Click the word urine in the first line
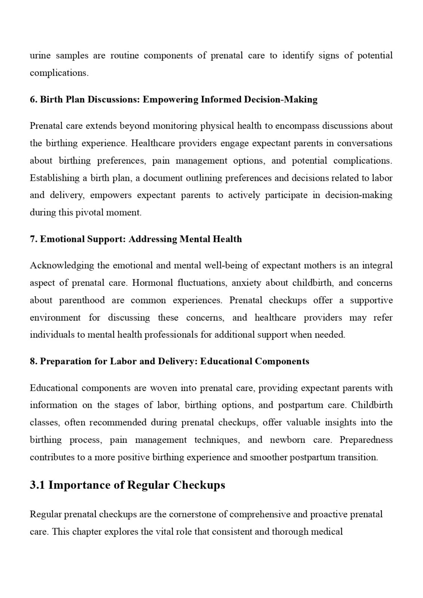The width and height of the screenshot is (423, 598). (40, 56)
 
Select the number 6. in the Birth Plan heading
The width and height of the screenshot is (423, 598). (34, 99)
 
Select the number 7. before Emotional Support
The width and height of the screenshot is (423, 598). (34, 239)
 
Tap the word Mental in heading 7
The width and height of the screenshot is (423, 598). (195, 239)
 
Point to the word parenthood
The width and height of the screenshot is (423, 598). (82, 300)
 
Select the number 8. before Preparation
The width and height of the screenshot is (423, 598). (34, 361)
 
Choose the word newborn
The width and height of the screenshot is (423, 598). (287, 440)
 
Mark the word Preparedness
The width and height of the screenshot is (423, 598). (366, 440)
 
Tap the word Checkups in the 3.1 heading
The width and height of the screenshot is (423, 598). (199, 485)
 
